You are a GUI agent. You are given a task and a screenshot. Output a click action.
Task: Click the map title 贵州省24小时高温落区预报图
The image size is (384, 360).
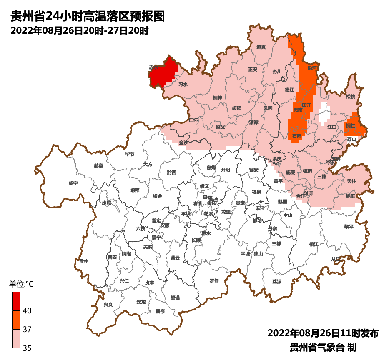click(x=88, y=16)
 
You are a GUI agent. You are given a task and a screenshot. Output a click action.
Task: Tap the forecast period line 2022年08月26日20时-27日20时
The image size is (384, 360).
click(x=79, y=31)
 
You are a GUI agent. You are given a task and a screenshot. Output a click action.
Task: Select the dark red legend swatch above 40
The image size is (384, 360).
click(x=16, y=301)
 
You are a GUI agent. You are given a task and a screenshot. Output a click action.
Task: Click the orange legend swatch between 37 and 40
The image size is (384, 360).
click(x=16, y=320)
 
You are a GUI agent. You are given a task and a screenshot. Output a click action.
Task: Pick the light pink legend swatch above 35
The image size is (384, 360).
click(x=16, y=338)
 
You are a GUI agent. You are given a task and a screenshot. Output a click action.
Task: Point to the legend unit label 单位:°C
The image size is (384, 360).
click(x=21, y=285)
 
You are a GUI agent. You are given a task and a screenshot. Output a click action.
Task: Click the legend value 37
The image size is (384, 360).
click(x=27, y=329)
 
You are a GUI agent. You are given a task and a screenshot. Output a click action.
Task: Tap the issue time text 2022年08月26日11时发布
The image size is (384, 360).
click(x=323, y=333)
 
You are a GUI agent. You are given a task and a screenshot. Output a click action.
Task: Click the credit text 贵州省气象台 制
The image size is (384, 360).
click(x=323, y=347)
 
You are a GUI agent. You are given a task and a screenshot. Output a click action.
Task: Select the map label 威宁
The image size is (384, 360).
click(x=73, y=183)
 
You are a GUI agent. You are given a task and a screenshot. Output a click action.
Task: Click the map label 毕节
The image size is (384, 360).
click(x=130, y=154)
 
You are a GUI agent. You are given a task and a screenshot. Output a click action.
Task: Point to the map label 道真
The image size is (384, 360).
click(x=261, y=47)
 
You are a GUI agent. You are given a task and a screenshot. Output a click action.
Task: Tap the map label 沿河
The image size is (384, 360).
click(x=312, y=67)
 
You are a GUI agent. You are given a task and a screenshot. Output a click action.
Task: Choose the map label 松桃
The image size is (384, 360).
click(x=351, y=97)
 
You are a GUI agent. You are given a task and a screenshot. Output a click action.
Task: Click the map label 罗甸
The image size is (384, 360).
click(x=214, y=281)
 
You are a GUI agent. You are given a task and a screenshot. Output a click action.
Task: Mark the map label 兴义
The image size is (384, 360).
click(x=108, y=305)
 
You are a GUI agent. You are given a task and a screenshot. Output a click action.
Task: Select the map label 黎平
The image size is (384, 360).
click(x=349, y=227)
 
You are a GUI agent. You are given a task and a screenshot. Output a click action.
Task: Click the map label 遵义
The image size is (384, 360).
click(x=220, y=127)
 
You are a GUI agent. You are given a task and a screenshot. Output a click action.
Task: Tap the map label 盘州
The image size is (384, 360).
click(x=84, y=261)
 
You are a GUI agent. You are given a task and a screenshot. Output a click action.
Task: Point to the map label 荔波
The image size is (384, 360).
click(x=277, y=282)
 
